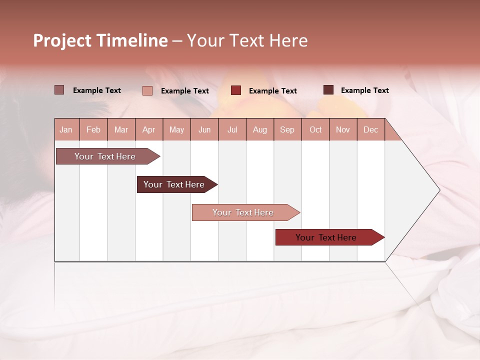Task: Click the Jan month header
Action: point(66,130)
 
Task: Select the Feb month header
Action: point(93,130)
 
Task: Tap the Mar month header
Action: point(121,130)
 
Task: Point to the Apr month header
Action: point(148,130)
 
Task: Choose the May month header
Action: point(176,130)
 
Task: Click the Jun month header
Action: point(204,130)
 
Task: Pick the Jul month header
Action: point(232,130)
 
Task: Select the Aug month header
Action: point(260,130)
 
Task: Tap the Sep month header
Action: point(287,130)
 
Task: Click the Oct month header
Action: point(315,130)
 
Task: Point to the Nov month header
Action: point(343,130)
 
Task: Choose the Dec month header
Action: point(370,130)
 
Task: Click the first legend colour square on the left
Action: point(59,90)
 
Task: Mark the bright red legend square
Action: point(236,90)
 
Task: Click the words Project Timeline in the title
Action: point(100,40)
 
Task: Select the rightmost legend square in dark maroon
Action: point(328,90)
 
